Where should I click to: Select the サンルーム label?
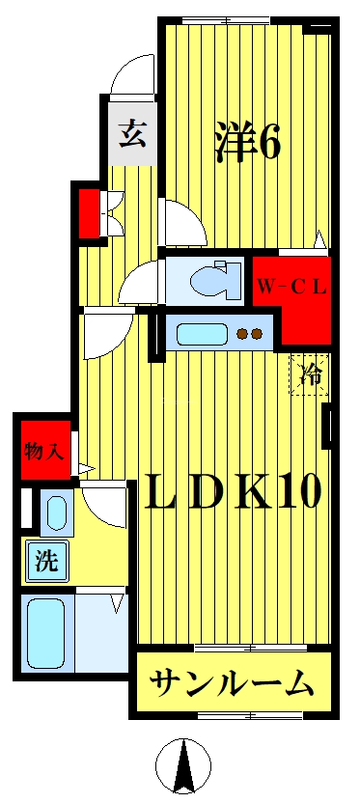pyautogui.click(x=232, y=684)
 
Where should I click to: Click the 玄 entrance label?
pyautogui.click(x=132, y=133)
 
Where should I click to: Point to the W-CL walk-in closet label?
pyautogui.click(x=291, y=286)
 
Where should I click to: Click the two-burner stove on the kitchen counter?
pyautogui.click(x=251, y=335)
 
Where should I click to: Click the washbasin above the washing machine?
pyautogui.click(x=54, y=512)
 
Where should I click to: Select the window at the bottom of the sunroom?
pyautogui.click(x=233, y=714)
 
